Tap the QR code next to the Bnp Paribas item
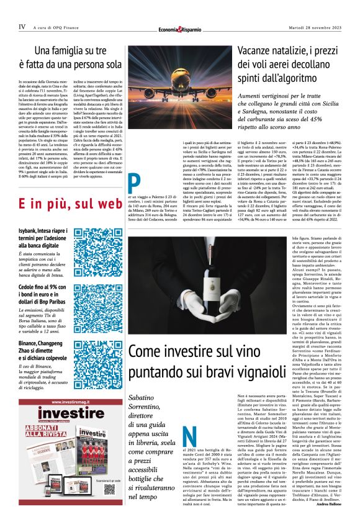click(97, 307)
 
